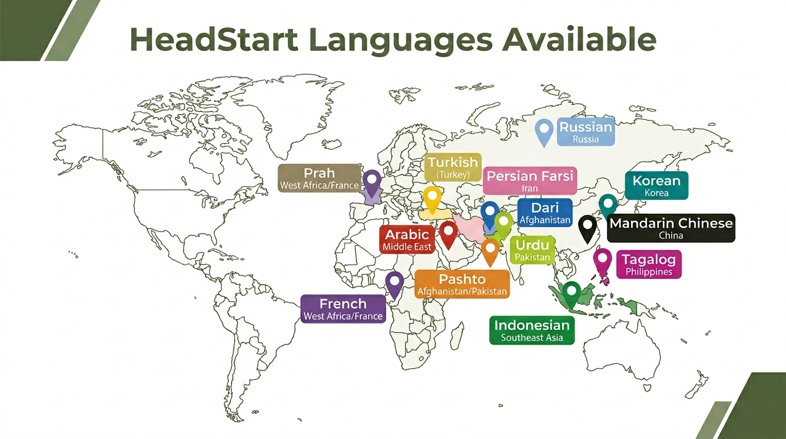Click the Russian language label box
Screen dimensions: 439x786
pos(586,132)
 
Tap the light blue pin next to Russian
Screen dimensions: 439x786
pos(544,131)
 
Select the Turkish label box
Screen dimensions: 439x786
pos(453,167)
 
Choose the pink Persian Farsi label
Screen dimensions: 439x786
pos(530,181)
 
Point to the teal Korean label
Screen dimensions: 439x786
pos(656,186)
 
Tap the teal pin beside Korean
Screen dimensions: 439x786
pos(608,205)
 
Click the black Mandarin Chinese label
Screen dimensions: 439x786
pos(671,228)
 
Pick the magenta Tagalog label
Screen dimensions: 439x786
pos(648,264)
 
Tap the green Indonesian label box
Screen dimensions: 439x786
pos(532,330)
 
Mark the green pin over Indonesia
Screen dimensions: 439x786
pos(571,293)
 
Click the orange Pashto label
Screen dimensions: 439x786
pos(462,284)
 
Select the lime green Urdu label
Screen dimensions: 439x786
pos(532,250)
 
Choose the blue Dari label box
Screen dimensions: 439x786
pos(544,213)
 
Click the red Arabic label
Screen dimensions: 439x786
pos(407,240)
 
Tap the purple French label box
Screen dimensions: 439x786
pos(343,309)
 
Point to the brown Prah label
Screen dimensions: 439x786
pos(319,178)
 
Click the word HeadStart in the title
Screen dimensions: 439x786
pos(214,39)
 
